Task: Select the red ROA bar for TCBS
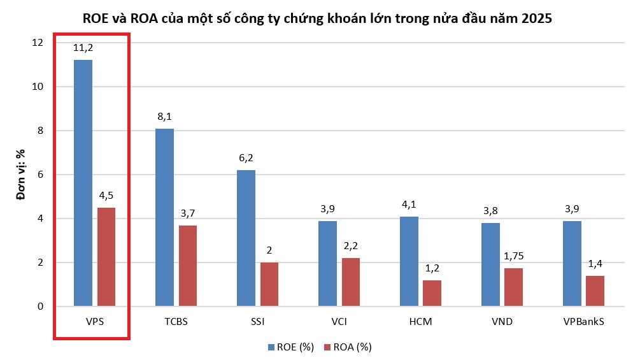pos(188,266)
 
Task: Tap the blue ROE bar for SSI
pos(246,238)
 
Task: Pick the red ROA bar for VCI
pos(350,282)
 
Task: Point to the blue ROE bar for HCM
pos(409,261)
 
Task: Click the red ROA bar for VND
pos(513,287)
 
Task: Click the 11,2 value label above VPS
pos(83,47)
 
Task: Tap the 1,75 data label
pos(513,256)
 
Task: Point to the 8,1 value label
pos(164,117)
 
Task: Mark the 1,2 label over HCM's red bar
pos(432,268)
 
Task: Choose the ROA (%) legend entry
pos(348,347)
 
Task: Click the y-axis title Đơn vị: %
pos(20,174)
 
